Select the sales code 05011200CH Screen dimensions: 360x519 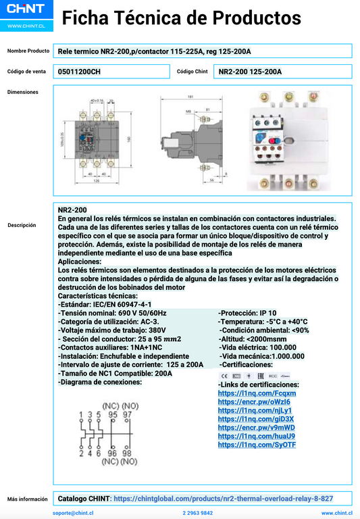click(x=79, y=71)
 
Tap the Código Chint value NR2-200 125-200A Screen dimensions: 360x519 click(x=251, y=71)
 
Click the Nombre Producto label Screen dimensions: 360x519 click(x=28, y=51)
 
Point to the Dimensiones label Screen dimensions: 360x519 click(x=23, y=92)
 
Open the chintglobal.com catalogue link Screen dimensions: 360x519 click(x=223, y=498)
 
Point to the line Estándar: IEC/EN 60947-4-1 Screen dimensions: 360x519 click(x=105, y=304)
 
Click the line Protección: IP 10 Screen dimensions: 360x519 click(x=247, y=313)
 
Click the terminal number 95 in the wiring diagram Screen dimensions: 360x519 click(x=112, y=414)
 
